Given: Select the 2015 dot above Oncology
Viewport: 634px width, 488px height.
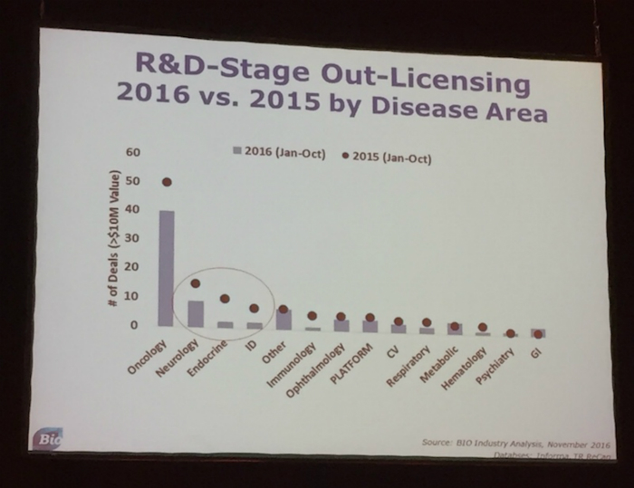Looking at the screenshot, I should [167, 181].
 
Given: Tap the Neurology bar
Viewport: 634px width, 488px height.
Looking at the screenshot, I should [196, 313].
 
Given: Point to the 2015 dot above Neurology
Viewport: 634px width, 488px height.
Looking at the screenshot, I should [196, 283].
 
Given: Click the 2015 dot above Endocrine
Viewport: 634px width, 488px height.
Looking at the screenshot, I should [226, 298].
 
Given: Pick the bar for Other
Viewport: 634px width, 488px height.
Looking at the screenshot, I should [283, 319].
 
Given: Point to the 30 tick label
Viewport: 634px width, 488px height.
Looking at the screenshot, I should [132, 238].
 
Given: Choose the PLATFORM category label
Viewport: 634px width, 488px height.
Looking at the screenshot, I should [354, 357].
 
